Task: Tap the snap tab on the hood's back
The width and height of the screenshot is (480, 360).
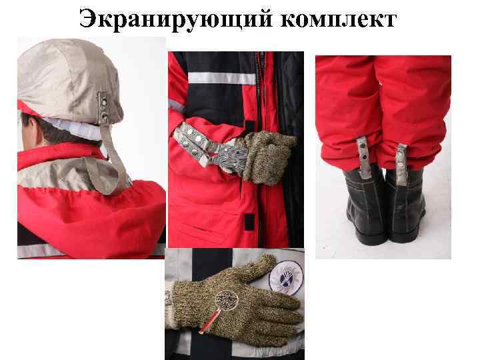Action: point(103,107)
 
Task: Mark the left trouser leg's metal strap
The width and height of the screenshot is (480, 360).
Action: point(364,156)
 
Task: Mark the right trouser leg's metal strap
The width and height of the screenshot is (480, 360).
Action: point(401,161)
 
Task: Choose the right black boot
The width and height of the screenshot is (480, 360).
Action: point(407,207)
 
